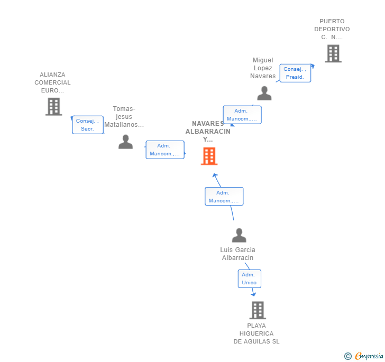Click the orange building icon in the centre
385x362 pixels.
coord(209,156)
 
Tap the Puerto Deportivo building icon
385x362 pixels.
coord(333,53)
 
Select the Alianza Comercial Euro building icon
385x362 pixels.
coord(53,107)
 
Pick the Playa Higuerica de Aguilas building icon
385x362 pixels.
coord(258,310)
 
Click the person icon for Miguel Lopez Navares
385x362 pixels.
coord(264,94)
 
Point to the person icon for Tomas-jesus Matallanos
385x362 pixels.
coord(125,142)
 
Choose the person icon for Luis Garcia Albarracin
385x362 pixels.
coord(239,236)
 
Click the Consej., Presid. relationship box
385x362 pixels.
coord(295,73)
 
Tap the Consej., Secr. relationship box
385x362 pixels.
coord(87,125)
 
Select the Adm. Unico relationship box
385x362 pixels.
coord(249,279)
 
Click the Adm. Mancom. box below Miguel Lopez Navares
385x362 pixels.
coord(242,115)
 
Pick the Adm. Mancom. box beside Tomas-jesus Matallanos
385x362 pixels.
coord(164,150)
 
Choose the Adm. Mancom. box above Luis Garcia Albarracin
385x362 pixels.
coord(224,197)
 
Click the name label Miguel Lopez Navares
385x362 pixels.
coord(263,68)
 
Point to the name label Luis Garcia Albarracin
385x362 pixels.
coord(238,254)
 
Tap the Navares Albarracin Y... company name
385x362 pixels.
coord(208,132)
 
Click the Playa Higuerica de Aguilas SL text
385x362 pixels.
coord(256,333)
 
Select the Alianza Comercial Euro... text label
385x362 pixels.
coord(52,82)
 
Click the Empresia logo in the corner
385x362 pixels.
coord(365,356)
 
